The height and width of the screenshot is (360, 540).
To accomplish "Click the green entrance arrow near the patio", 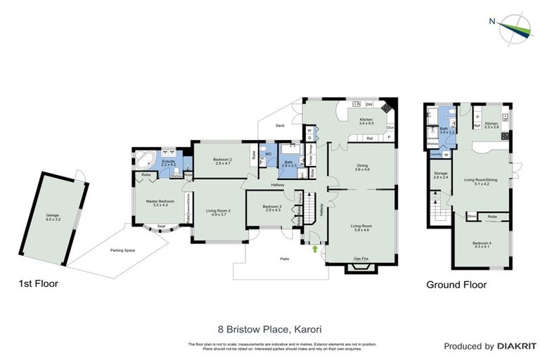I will pyautogui.click(x=315, y=247).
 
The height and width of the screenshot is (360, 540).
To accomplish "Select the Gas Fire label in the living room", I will pyautogui.click(x=362, y=258).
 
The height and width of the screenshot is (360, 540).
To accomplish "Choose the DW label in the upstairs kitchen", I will pyautogui.click(x=369, y=105).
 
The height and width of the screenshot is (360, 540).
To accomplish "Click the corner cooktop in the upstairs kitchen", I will pyautogui.click(x=386, y=108).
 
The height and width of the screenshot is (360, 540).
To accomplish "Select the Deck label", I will pyautogui.click(x=280, y=126).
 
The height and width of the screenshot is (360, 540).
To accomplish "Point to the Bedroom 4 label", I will pyautogui.click(x=482, y=244).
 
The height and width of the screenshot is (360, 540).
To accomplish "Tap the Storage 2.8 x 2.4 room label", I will pyautogui.click(x=440, y=176).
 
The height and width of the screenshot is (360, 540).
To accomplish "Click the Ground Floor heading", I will pyautogui.click(x=456, y=285).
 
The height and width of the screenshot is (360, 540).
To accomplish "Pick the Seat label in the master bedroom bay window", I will pyautogui.click(x=161, y=226).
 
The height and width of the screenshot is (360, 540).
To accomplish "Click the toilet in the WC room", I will pyautogui.click(x=263, y=161).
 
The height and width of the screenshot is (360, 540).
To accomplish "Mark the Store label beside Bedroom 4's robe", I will pyautogui.click(x=472, y=217).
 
